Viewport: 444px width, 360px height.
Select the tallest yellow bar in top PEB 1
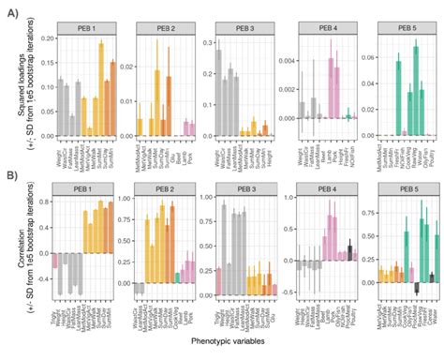tap(100, 80)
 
